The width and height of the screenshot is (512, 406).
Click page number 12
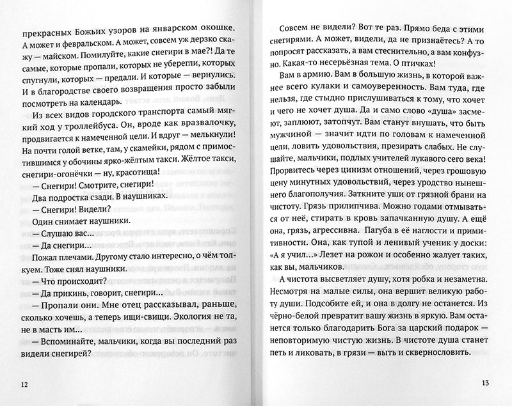pyautogui.click(x=24, y=384)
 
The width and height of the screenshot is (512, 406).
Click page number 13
pyautogui.click(x=483, y=384)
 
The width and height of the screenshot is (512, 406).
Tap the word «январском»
pyautogui.click(x=152, y=29)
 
